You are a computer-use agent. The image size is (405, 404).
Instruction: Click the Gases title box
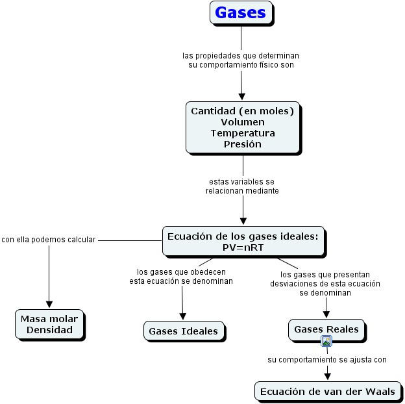click(x=241, y=12)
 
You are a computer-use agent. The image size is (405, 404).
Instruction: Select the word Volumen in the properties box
click(x=242, y=122)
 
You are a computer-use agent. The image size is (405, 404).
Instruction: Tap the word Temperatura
click(x=242, y=133)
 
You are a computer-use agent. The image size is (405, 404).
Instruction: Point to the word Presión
click(x=242, y=144)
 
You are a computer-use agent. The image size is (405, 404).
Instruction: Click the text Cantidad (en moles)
click(x=242, y=111)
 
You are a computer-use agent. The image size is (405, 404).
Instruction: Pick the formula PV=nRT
click(x=243, y=247)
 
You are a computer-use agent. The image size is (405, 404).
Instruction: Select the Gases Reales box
click(x=326, y=329)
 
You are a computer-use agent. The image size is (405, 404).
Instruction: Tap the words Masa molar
click(x=49, y=318)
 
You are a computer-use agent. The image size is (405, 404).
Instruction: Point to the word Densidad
click(x=49, y=330)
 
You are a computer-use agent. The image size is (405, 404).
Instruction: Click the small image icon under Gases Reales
click(x=327, y=341)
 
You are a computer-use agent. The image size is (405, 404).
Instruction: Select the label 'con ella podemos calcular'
click(x=49, y=239)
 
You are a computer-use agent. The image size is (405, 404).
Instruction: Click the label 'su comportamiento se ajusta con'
click(x=327, y=359)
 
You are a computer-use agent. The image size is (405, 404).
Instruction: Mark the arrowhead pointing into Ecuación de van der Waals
click(x=328, y=375)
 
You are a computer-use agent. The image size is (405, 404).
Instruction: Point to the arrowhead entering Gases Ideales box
click(x=183, y=315)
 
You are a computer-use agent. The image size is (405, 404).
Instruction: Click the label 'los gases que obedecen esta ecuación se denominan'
click(x=181, y=276)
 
